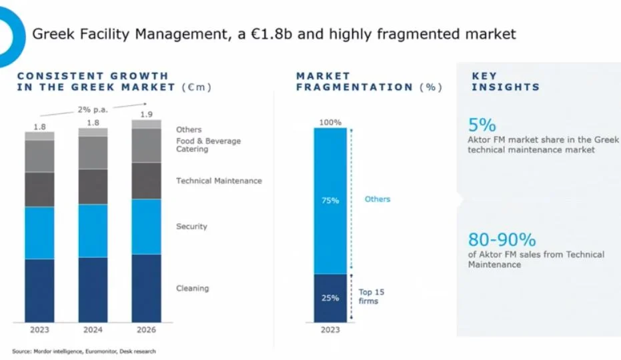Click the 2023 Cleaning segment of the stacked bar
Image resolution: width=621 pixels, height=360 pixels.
tap(39, 290)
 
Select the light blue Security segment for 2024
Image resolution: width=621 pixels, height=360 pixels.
tap(93, 231)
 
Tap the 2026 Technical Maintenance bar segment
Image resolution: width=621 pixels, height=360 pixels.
tap(146, 181)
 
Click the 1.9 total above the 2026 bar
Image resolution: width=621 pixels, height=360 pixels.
tap(146, 114)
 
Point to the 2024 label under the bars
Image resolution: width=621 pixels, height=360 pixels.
tap(93, 330)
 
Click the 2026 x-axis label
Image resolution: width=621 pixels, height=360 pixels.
tap(146, 330)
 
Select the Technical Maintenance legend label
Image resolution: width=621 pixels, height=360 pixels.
tap(219, 181)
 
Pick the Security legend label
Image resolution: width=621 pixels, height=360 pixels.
tap(191, 227)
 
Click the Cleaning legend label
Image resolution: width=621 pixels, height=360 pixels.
tap(192, 289)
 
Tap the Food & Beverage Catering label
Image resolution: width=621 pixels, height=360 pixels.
tap(208, 145)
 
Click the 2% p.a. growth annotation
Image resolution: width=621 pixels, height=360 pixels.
tap(92, 109)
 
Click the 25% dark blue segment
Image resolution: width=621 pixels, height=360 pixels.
tap(330, 298)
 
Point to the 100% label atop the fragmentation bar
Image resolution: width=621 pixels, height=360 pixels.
tap(330, 123)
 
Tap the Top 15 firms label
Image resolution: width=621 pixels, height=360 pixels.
tap(371, 297)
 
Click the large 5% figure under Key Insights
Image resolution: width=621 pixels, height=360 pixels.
tap(482, 125)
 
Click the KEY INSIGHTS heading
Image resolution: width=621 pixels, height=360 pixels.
tap(505, 81)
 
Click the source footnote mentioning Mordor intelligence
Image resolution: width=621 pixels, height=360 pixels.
tap(83, 351)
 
